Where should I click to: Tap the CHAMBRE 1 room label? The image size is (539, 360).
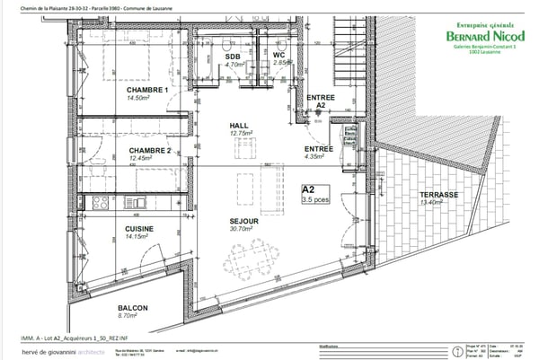click(x=148, y=91)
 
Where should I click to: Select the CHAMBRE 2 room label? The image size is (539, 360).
click(x=149, y=151)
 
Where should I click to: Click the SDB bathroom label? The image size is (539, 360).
click(x=233, y=56)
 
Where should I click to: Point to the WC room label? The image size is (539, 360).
click(x=279, y=56)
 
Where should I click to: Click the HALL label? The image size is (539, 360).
click(x=238, y=126)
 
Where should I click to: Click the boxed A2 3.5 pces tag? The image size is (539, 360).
click(x=313, y=194)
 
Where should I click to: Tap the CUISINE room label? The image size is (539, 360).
click(x=139, y=229)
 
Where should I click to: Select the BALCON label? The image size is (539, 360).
click(x=132, y=308)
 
